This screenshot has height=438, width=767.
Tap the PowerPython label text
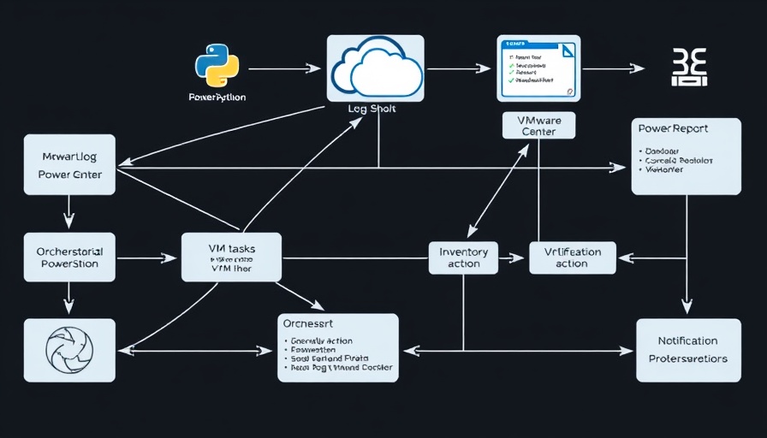(217, 98)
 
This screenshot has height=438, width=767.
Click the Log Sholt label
(372, 109)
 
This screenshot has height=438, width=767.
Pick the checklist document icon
(538, 68)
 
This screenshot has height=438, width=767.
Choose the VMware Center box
(538, 126)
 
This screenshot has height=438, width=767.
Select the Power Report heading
(673, 127)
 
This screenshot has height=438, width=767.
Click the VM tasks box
(231, 257)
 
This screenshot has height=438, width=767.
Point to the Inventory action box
(463, 257)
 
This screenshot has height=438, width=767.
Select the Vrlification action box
(572, 257)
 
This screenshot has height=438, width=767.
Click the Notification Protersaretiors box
(688, 351)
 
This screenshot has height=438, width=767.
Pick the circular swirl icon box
(70, 350)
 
